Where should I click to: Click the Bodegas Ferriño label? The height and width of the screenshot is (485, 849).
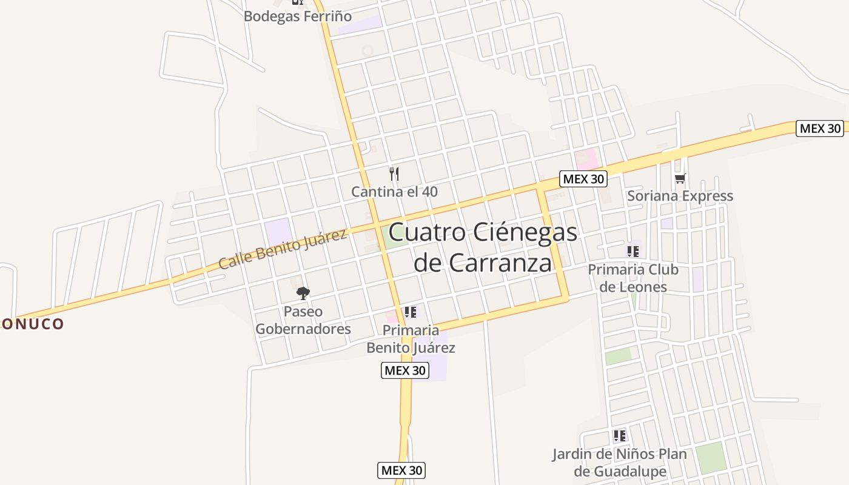click(x=297, y=16)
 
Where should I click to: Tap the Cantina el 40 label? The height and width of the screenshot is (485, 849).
click(x=394, y=192)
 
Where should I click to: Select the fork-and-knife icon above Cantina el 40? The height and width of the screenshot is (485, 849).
click(x=394, y=174)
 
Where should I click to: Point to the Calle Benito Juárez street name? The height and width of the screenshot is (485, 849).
click(x=282, y=249)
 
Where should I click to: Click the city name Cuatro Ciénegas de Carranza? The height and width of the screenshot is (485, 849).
click(x=483, y=247)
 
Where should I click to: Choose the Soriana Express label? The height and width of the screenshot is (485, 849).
click(x=680, y=196)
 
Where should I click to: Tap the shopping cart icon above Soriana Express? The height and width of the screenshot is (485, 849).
click(x=680, y=178)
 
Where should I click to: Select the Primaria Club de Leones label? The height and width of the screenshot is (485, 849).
click(x=633, y=278)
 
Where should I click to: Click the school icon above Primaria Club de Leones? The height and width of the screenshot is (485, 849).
click(x=633, y=251)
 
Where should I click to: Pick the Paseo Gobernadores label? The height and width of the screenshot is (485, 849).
click(x=303, y=320)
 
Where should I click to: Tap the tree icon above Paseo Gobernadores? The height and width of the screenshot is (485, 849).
click(x=303, y=293)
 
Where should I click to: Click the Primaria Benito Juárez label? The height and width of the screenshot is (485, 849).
click(x=411, y=339)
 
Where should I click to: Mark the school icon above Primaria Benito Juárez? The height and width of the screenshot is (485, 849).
click(x=411, y=312)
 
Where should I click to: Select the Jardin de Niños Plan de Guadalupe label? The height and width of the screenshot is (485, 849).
click(x=619, y=463)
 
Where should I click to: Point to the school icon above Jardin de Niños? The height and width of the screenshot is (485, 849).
click(x=619, y=435)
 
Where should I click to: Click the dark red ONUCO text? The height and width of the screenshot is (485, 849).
click(x=32, y=324)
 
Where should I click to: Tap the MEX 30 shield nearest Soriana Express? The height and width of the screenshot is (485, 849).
click(x=583, y=179)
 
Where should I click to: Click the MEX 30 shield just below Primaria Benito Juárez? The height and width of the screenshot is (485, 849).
click(x=405, y=370)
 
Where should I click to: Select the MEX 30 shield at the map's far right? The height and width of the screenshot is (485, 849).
click(x=820, y=128)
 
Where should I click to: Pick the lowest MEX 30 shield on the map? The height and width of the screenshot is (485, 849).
click(x=401, y=470)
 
